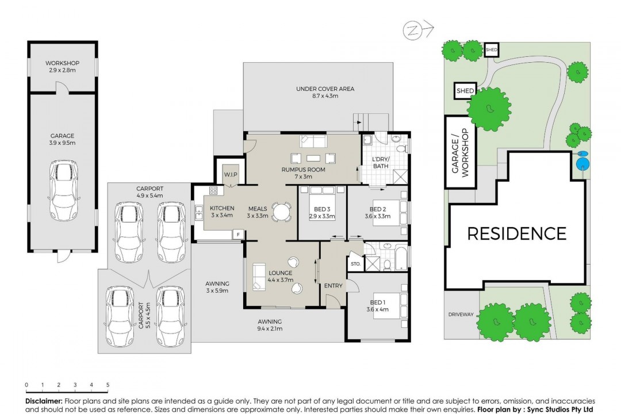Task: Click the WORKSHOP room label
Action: pyautogui.click(x=62, y=63)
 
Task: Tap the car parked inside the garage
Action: pyautogui.click(x=63, y=190)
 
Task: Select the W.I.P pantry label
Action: pyautogui.click(x=231, y=174)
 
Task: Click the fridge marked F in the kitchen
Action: pyautogui.click(x=238, y=235)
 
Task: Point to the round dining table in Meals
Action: pyautogui.click(x=282, y=212)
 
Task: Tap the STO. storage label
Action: pyautogui.click(x=356, y=264)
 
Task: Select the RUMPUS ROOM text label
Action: pyautogui.click(x=304, y=170)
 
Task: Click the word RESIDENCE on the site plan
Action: pyautogui.click(x=517, y=234)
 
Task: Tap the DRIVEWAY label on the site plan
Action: pyautogui.click(x=461, y=315)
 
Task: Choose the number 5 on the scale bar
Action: pyautogui.click(x=108, y=385)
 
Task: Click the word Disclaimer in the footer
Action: pyautogui.click(x=44, y=401)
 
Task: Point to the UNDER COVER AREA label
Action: pyautogui.click(x=325, y=89)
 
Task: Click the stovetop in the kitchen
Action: pyautogui.click(x=213, y=190)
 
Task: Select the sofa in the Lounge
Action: pyautogui.click(x=259, y=276)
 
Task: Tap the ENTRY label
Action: pyautogui.click(x=333, y=286)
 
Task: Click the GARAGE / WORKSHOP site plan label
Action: pyautogui.click(x=460, y=152)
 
